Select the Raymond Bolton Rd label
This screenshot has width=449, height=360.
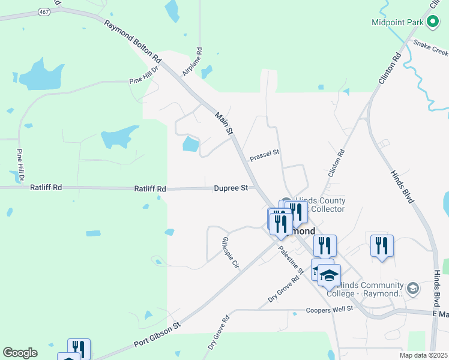(133, 42)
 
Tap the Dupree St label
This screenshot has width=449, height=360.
(231, 188)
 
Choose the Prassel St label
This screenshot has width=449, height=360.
(265, 154)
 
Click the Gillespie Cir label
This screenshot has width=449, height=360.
(231, 253)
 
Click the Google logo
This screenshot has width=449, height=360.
(20, 353)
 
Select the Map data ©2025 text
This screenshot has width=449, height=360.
(423, 355)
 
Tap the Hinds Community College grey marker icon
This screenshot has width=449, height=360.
(412, 289)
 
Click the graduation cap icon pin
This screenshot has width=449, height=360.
(329, 275)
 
